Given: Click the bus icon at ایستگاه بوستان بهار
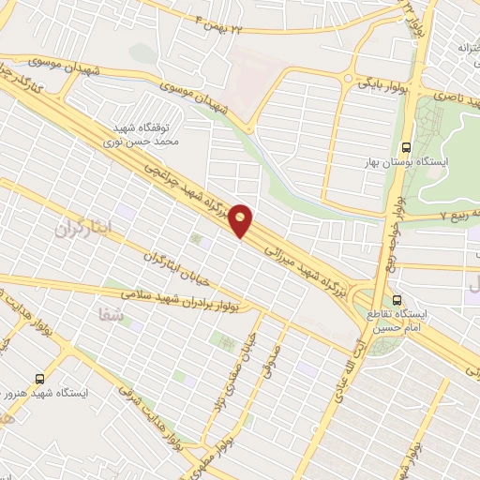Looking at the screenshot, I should coord(406,146).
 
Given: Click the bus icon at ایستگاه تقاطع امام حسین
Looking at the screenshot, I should coord(399,300).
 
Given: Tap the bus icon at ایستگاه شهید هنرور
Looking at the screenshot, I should coord(38,378).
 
